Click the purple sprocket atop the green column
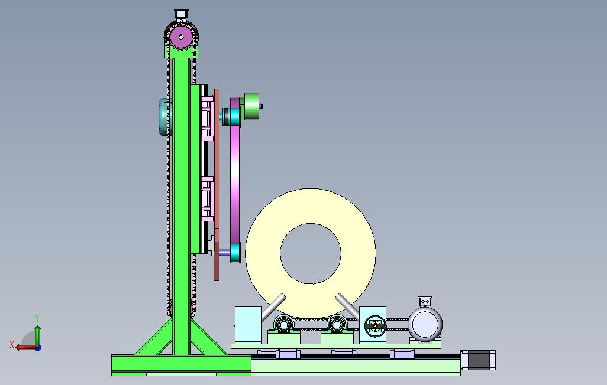tap(181, 37)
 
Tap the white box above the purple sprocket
tap(181, 14)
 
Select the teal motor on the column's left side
tap(163, 117)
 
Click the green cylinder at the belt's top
tap(251, 106)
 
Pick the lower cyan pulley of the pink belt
tap(235, 252)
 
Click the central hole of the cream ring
tap(311, 253)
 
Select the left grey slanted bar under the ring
tap(274, 307)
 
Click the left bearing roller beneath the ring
tap(283, 324)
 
